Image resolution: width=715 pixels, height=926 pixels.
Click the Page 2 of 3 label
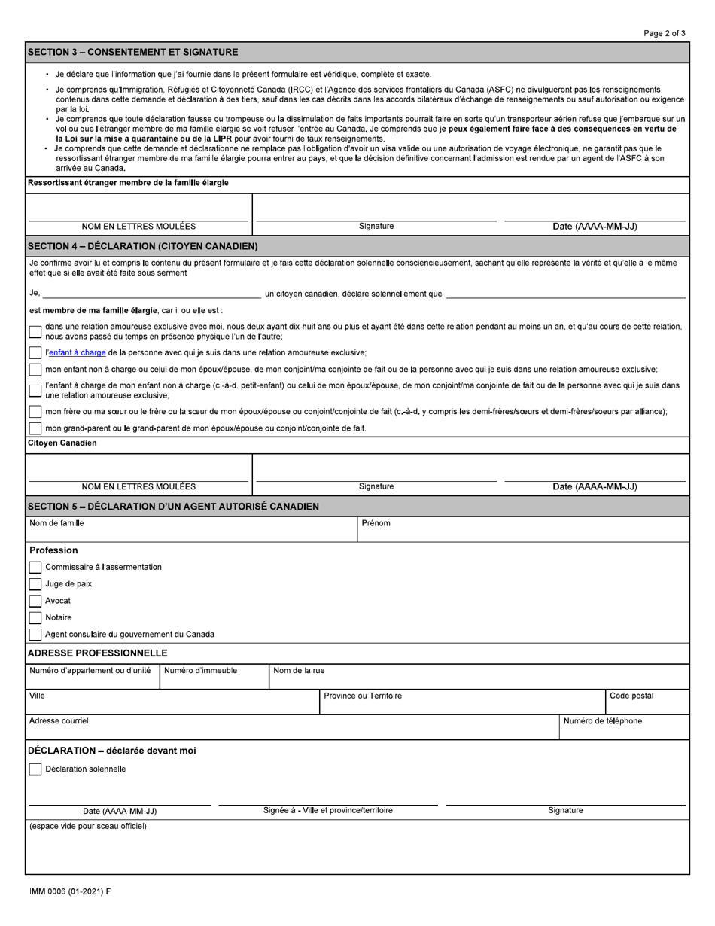[x=665, y=33]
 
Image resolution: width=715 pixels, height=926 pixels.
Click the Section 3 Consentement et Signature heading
[x=132, y=52]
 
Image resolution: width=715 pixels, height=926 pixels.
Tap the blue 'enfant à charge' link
[x=78, y=352]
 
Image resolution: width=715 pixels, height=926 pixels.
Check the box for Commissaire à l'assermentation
[x=35, y=567]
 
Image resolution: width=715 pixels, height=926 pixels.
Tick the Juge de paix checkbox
[x=35, y=584]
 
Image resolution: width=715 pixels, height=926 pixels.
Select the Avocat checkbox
[x=35, y=601]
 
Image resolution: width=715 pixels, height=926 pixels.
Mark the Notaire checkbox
[x=35, y=617]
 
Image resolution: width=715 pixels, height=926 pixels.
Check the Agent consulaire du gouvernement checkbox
[x=35, y=635]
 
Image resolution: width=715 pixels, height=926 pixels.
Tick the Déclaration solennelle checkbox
[x=35, y=769]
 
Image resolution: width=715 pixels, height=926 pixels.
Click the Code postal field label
[x=631, y=696]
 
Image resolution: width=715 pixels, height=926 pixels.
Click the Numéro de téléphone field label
[x=602, y=721]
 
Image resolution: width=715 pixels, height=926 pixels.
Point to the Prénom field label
[x=376, y=523]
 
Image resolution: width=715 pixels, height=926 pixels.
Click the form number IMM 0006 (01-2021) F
[x=69, y=891]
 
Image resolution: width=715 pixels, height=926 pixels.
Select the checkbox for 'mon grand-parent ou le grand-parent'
[x=35, y=428]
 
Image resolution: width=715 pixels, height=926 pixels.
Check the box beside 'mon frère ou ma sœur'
[x=35, y=412]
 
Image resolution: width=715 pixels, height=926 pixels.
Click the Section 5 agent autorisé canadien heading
[x=173, y=506]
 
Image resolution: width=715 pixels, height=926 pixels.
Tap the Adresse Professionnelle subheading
[x=98, y=653]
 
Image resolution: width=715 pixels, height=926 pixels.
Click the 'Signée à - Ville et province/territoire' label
[x=327, y=810]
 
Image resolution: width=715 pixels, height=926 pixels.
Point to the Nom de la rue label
[x=299, y=670]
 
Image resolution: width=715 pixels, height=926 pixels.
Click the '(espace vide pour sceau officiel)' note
[x=87, y=826]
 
